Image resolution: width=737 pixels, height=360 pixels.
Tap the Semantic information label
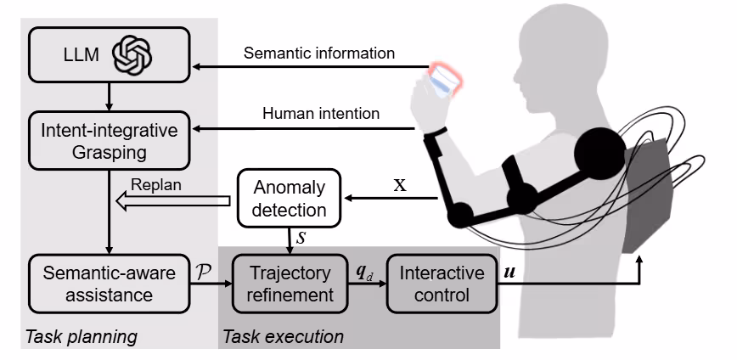[318, 53]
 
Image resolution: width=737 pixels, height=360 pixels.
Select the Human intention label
[320, 113]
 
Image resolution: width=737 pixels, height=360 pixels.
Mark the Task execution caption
[284, 337]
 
